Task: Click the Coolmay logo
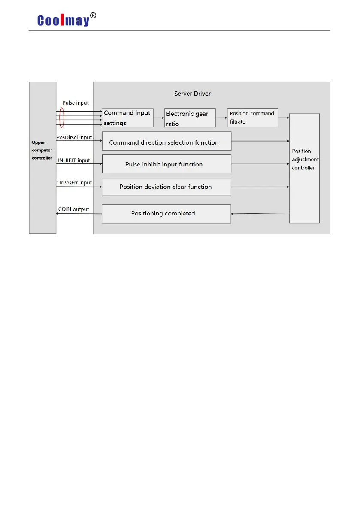tap(63, 20)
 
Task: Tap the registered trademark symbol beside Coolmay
tap(93, 16)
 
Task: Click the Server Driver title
tap(192, 94)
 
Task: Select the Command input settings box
tap(127, 118)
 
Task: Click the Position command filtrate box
tap(252, 118)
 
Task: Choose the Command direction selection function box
tap(166, 142)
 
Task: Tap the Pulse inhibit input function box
tap(166, 164)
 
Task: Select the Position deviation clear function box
tap(166, 187)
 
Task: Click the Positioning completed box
tap(166, 214)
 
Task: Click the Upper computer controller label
tap(42, 150)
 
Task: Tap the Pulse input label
tap(76, 103)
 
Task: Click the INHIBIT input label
tap(74, 160)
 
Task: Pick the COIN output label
tap(73, 209)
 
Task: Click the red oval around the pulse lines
tap(61, 118)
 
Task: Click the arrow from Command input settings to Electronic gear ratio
tap(159, 118)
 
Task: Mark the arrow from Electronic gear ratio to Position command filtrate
tap(221, 118)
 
